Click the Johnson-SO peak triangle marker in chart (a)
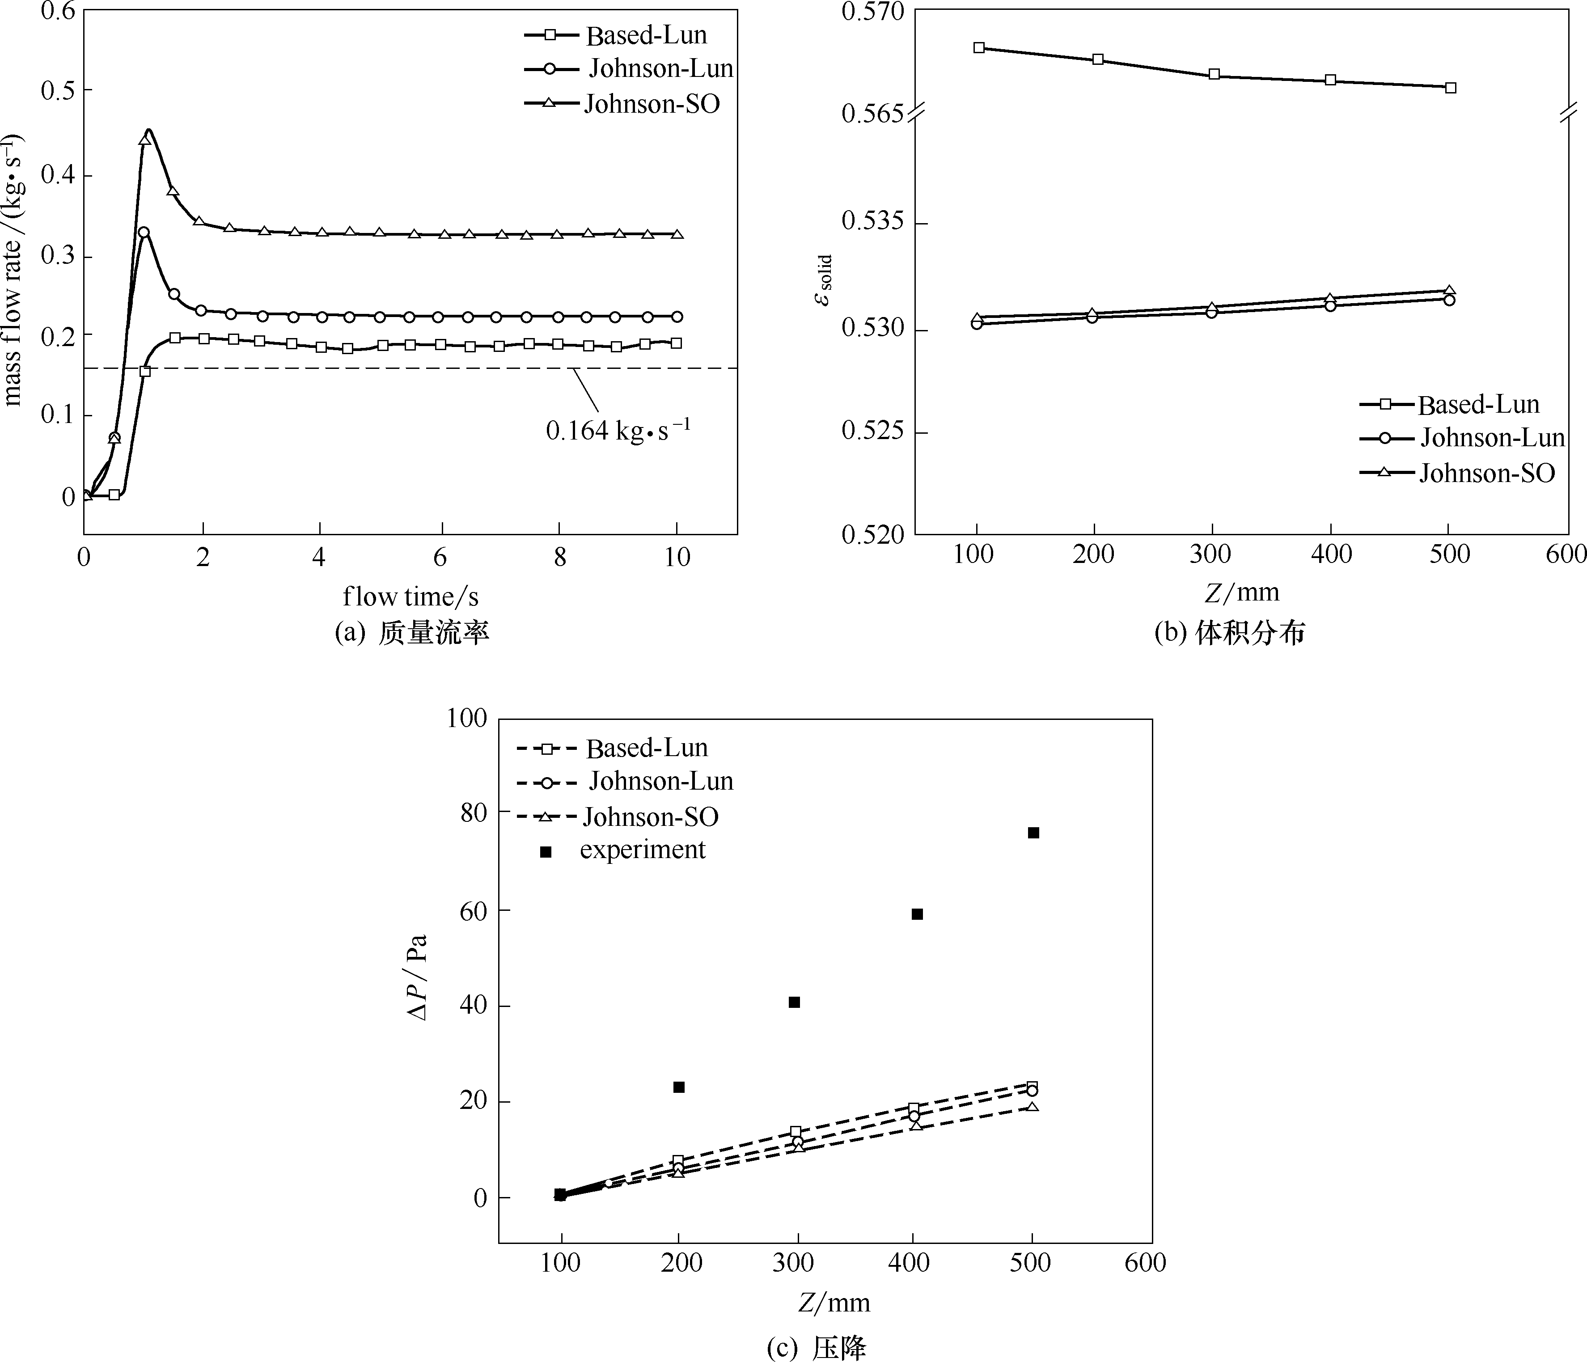145,140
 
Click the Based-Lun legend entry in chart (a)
616,35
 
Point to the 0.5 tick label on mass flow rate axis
57,90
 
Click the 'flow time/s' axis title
411,596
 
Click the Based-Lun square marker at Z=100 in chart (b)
978,47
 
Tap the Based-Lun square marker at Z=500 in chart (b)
1450,87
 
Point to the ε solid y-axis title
823,279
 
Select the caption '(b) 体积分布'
1229,633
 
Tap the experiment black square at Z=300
794,1002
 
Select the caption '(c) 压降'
817,1347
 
